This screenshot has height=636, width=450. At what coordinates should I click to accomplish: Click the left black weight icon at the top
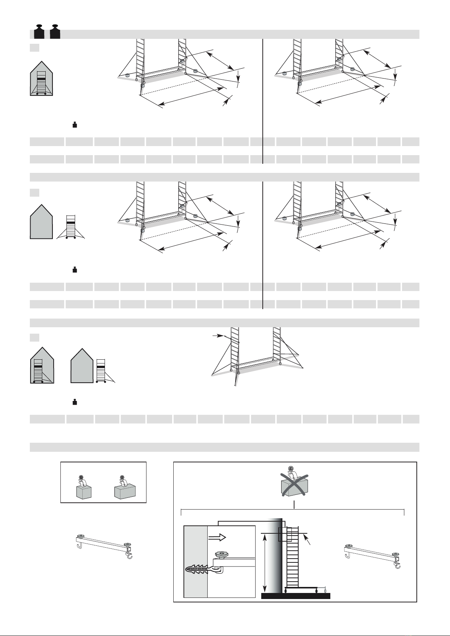tap(39, 31)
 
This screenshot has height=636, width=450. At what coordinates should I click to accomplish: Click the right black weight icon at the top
tap(55, 31)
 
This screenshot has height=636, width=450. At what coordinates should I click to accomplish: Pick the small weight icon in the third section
tap(75, 402)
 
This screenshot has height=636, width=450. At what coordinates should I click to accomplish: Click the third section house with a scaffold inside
tap(41, 366)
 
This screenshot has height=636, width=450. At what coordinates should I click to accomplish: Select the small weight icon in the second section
tap(75, 269)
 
